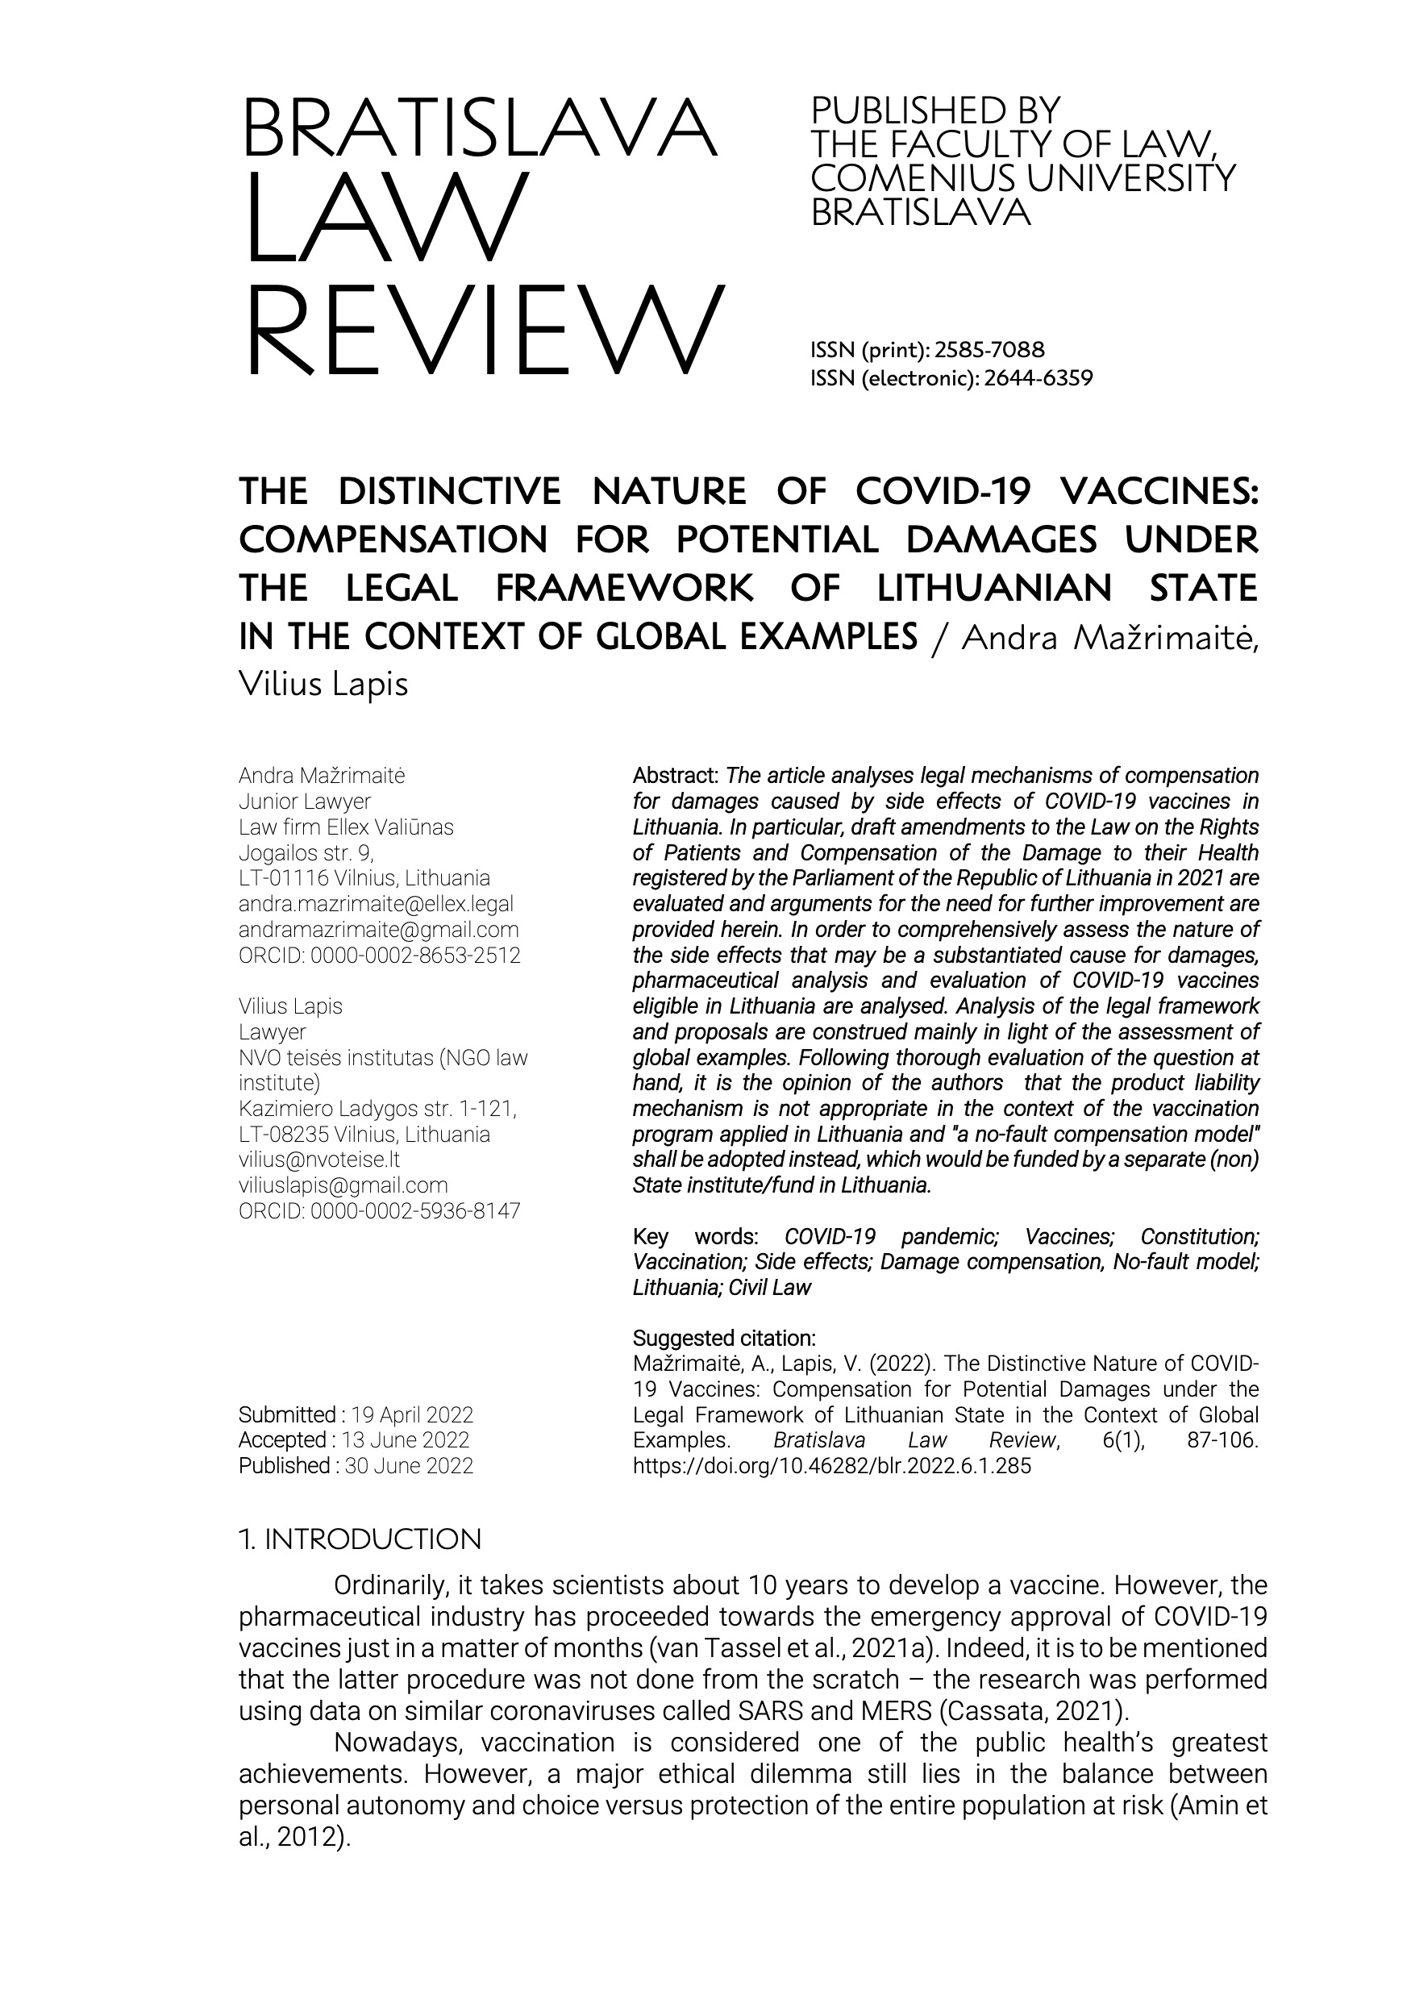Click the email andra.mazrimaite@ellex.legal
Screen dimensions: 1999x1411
point(376,905)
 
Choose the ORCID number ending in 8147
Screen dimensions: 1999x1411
point(415,1210)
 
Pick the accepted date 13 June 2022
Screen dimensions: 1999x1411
point(406,1440)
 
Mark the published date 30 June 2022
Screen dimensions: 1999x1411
point(409,1465)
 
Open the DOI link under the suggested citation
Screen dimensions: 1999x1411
point(831,1465)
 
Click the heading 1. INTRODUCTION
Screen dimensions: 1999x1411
point(360,1539)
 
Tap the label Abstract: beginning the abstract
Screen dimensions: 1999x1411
point(676,776)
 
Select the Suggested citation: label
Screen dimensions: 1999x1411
point(724,1339)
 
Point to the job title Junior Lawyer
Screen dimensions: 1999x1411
point(305,802)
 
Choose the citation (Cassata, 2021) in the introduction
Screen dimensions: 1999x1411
point(1033,1711)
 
